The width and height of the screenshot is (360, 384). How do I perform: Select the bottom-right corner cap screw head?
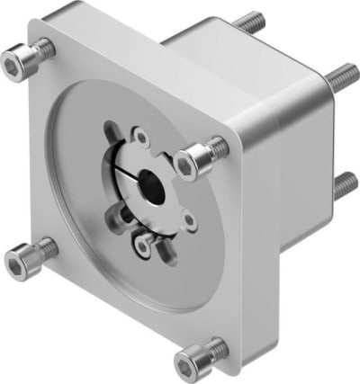[191, 362]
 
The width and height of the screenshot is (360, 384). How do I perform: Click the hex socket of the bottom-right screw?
[186, 364]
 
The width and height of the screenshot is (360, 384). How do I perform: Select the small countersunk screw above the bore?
[140, 137]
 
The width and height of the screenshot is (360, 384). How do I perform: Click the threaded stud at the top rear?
[251, 22]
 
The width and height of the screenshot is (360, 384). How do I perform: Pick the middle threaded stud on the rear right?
[341, 77]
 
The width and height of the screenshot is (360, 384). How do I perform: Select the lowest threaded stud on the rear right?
[343, 185]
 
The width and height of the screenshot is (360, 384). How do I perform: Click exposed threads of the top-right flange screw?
[217, 146]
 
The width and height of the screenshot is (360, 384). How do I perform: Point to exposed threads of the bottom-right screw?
[218, 345]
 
